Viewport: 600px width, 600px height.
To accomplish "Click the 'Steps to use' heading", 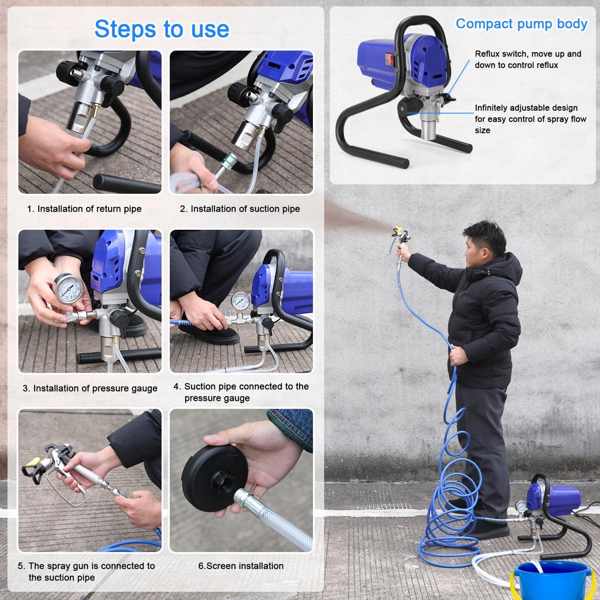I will pyautogui.click(x=162, y=29).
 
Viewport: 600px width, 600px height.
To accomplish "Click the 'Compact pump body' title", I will pyautogui.click(x=521, y=24).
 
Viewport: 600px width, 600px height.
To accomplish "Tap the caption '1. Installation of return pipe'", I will pyautogui.click(x=84, y=209).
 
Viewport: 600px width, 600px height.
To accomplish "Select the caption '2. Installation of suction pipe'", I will pyautogui.click(x=240, y=209).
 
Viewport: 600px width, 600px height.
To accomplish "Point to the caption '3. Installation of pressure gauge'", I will pyautogui.click(x=90, y=388).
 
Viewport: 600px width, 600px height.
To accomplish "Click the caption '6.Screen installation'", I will pyautogui.click(x=241, y=566).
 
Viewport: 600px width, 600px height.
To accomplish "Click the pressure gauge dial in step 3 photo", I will pyautogui.click(x=69, y=288).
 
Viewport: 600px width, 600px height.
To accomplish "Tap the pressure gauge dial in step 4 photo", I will pyautogui.click(x=240, y=301).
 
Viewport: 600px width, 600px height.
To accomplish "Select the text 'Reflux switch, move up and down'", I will pyautogui.click(x=528, y=59).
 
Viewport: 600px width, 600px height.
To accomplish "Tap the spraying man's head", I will pyautogui.click(x=485, y=242).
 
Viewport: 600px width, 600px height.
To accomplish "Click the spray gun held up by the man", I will pyautogui.click(x=401, y=237).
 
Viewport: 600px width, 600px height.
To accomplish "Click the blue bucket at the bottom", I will pyautogui.click(x=552, y=580).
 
